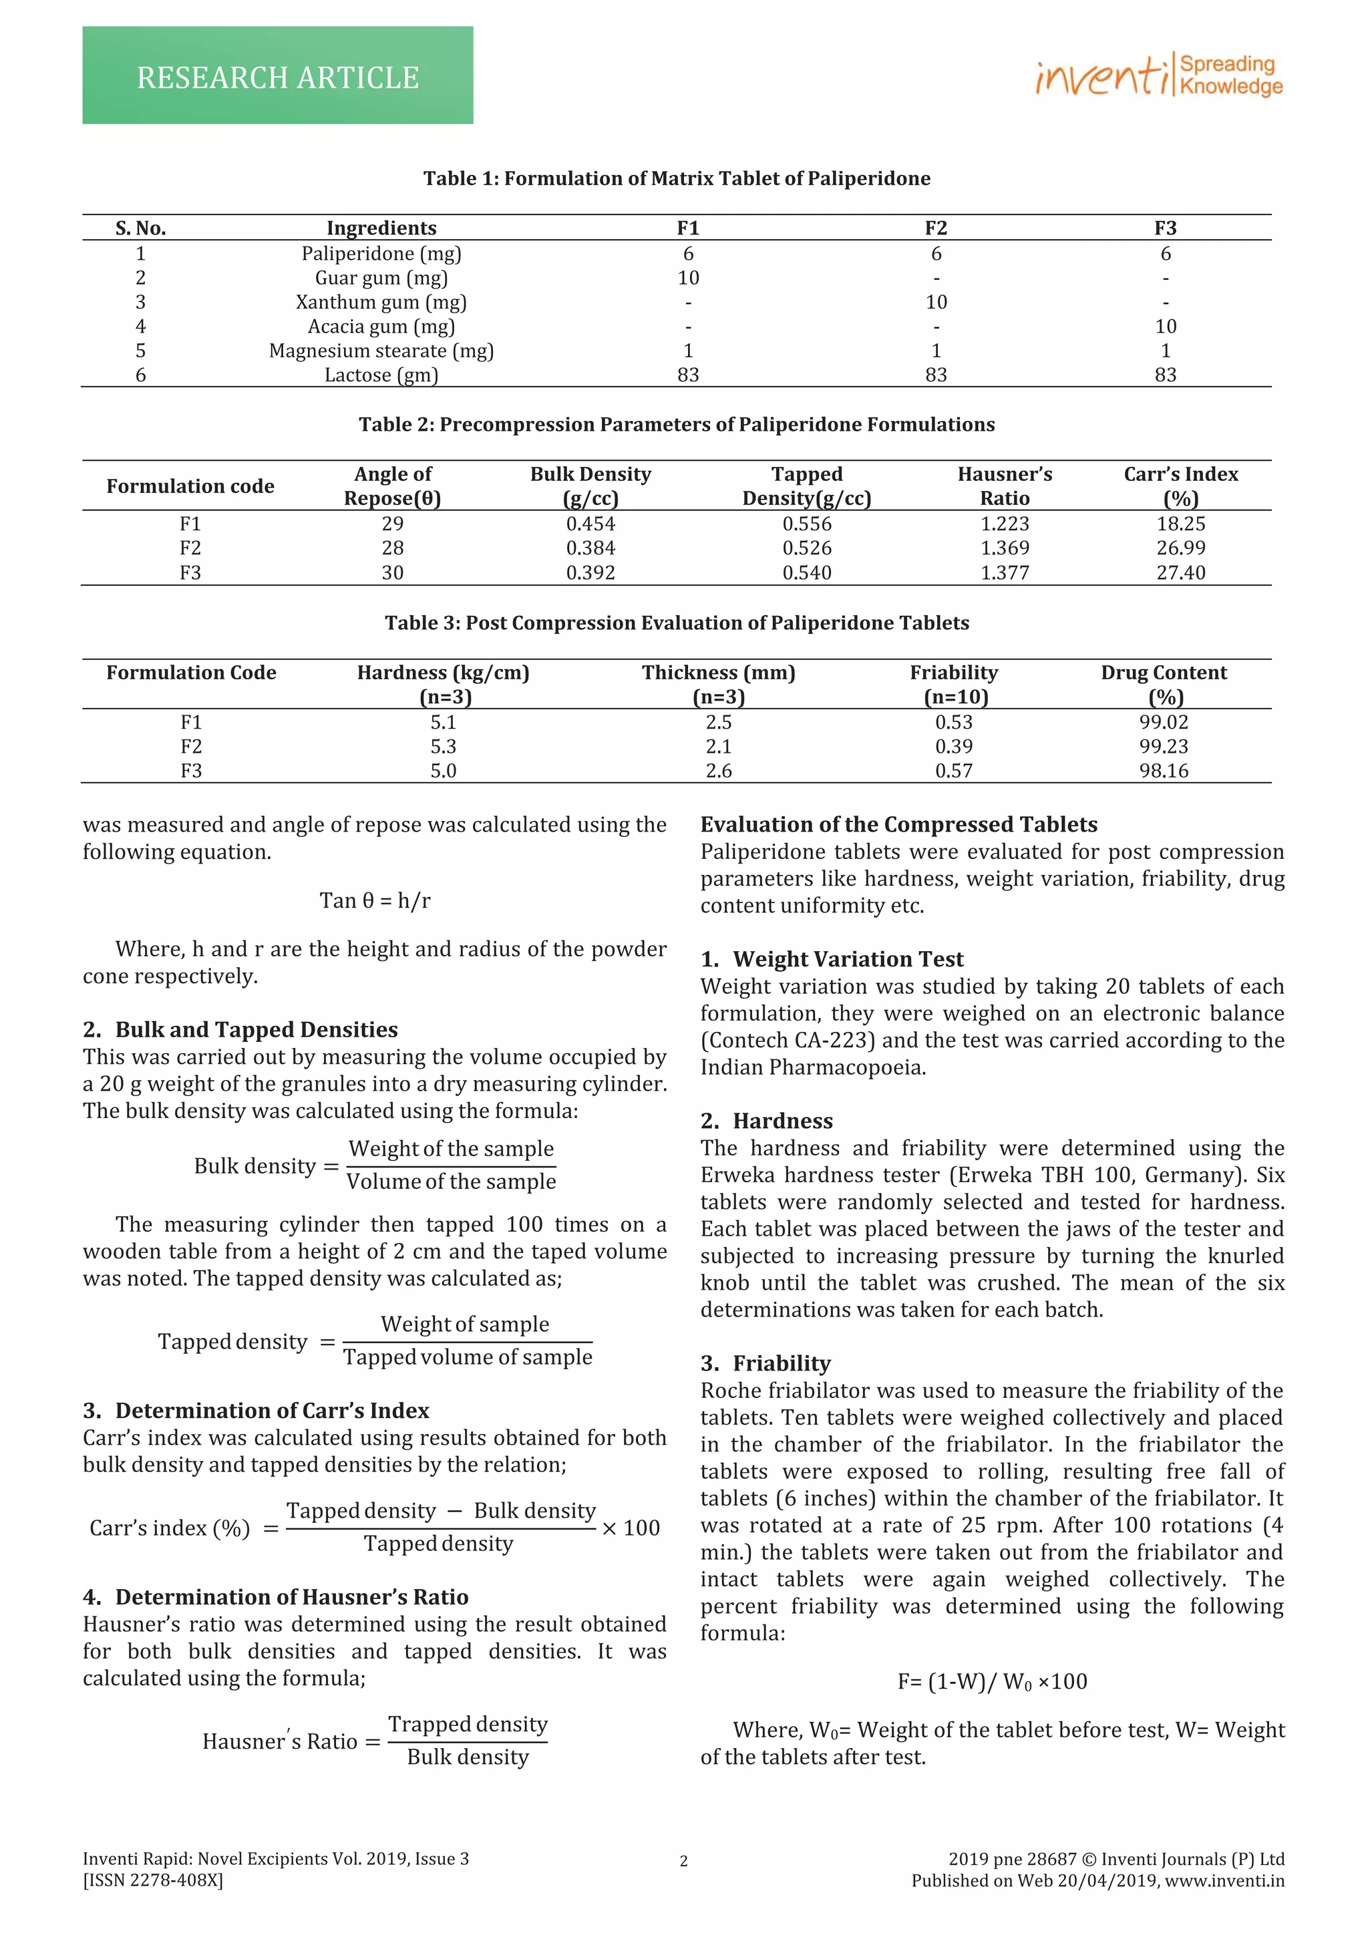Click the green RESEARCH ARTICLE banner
(x=277, y=76)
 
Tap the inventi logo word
(x=1100, y=75)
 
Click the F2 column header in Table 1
(x=936, y=228)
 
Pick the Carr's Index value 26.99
(x=1180, y=548)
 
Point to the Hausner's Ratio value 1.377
(x=1004, y=572)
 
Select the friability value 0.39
(x=953, y=746)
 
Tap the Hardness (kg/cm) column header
(x=444, y=673)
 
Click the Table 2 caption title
(x=677, y=424)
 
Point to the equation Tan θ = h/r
(x=375, y=900)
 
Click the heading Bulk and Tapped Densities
(x=256, y=1029)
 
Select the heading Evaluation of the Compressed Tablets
(x=898, y=824)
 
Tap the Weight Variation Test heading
(x=847, y=959)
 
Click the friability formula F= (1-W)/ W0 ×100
(x=992, y=1681)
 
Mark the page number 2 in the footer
(x=683, y=1861)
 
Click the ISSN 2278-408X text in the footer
(x=152, y=1880)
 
